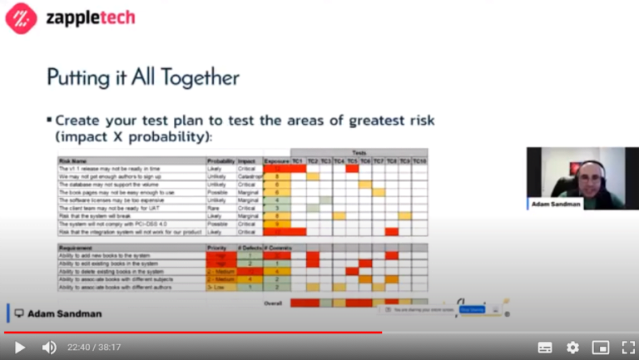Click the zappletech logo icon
tap(21, 18)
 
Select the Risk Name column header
tap(73, 160)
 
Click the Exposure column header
tap(276, 160)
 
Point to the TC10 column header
tap(419, 160)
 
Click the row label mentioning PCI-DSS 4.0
tap(109, 224)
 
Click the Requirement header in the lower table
tap(77, 248)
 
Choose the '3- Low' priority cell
tap(218, 287)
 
